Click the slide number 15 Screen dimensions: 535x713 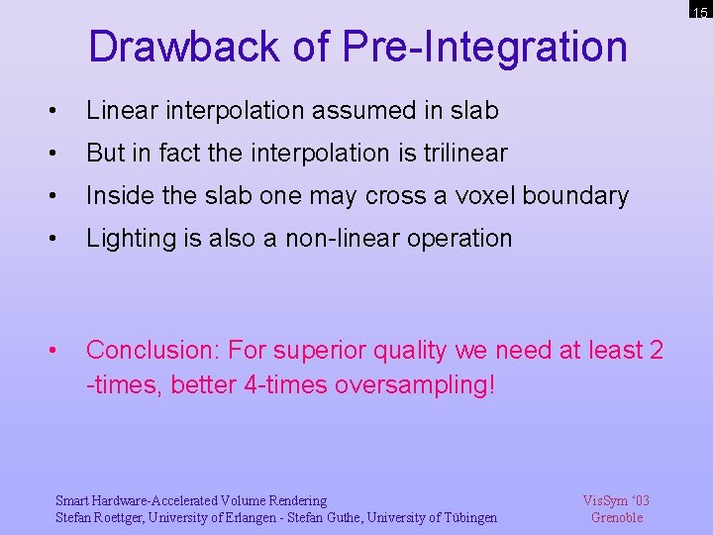tap(700, 13)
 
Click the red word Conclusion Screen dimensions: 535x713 tap(152, 351)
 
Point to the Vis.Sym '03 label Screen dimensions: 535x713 tap(616, 501)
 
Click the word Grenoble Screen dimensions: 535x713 tap(616, 517)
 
